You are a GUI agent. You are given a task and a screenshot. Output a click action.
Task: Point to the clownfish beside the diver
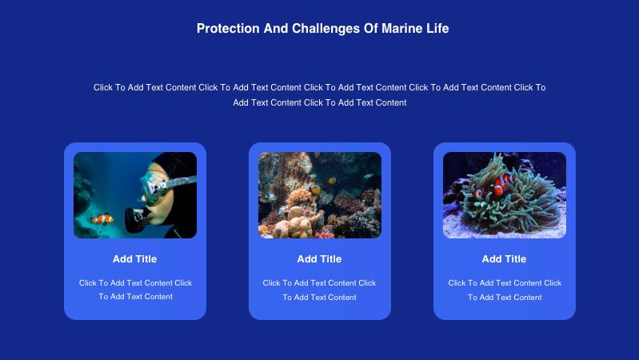(x=102, y=219)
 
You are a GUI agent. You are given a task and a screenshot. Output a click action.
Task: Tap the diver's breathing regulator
(x=138, y=220)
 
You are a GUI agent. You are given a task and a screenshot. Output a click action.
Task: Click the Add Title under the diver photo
(x=135, y=259)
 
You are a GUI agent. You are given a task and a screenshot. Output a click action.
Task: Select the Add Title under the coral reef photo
(x=320, y=259)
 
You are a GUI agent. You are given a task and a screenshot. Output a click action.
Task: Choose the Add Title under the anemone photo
(x=504, y=259)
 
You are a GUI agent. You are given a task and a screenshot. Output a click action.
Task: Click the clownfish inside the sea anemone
(x=502, y=185)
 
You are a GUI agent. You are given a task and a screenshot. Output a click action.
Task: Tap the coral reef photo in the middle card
(x=320, y=195)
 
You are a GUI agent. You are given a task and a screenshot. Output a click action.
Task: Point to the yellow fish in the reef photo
(x=315, y=190)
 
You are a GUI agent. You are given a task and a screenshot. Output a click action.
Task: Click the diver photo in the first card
(x=135, y=195)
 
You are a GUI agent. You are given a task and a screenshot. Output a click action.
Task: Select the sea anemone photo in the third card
(x=505, y=195)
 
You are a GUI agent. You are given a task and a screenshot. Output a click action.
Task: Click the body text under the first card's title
(x=135, y=290)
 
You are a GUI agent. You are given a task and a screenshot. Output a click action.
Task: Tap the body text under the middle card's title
(x=320, y=290)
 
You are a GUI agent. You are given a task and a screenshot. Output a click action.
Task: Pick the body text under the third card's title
(x=505, y=290)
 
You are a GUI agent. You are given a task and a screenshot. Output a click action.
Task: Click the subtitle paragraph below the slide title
(x=320, y=95)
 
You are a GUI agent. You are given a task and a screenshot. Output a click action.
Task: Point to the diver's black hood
(x=179, y=163)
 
